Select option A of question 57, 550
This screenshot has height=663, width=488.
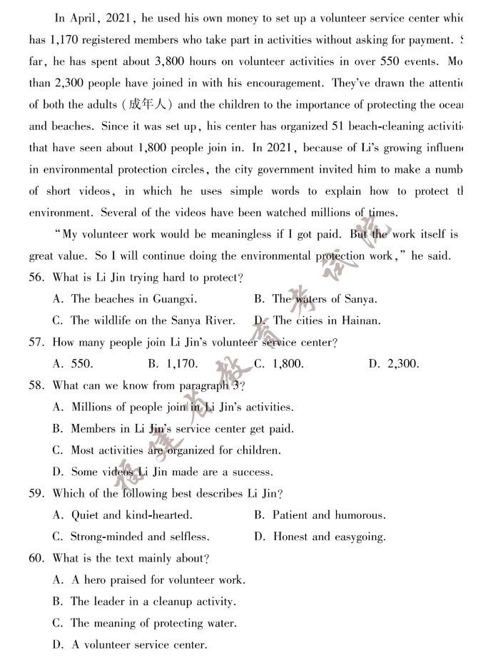click(x=73, y=364)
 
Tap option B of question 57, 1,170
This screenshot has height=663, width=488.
click(x=173, y=364)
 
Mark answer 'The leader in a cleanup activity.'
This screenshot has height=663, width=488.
click(x=153, y=602)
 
